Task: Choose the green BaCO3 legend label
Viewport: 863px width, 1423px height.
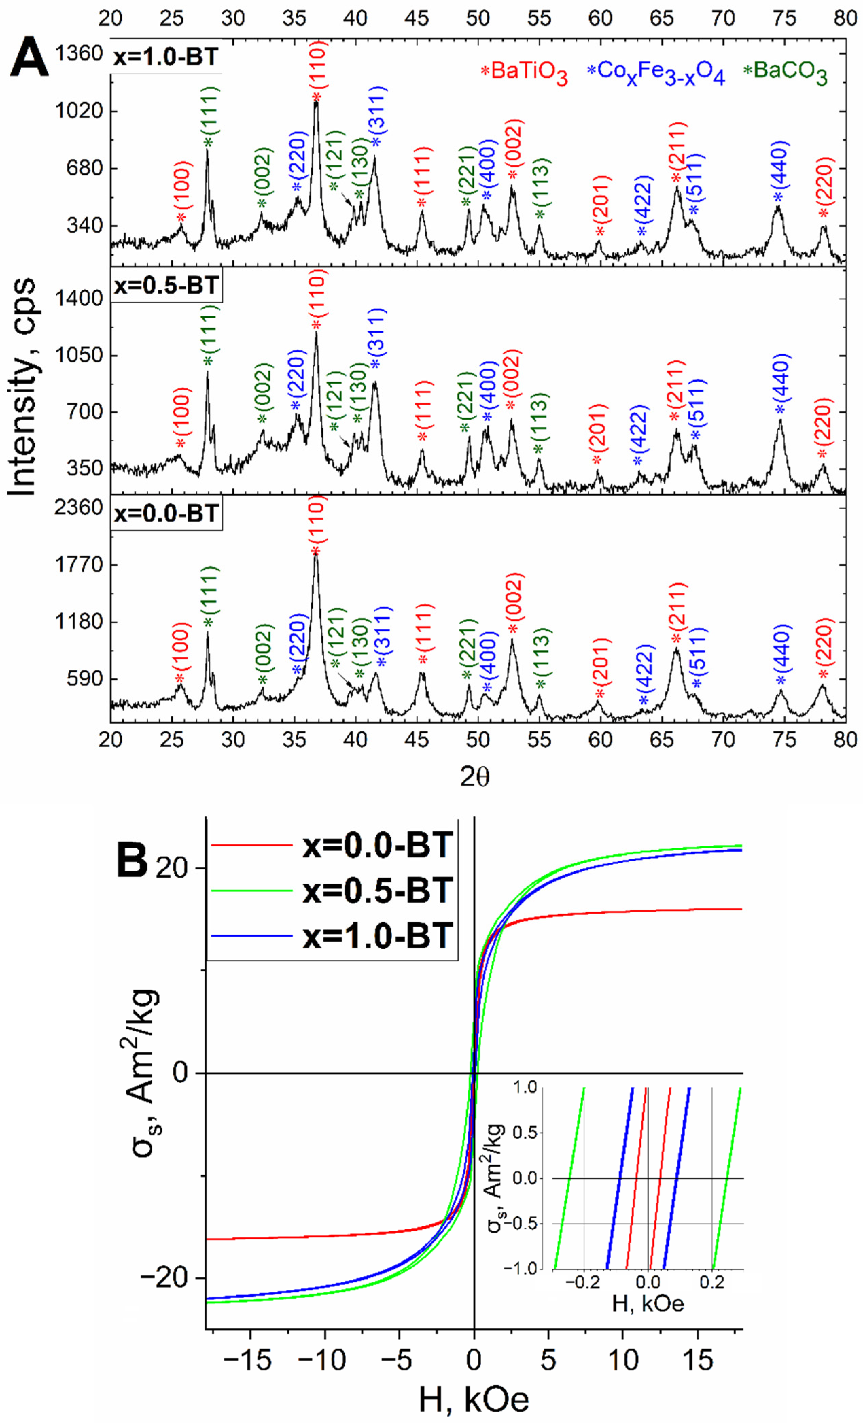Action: [786, 73]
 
